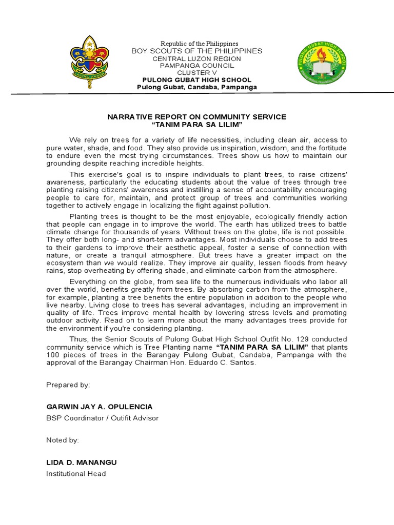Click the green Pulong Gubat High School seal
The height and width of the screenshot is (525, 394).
click(323, 64)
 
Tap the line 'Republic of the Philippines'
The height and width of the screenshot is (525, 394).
click(200, 44)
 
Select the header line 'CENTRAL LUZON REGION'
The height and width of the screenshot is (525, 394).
click(197, 58)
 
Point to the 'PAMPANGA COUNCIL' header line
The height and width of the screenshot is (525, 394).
click(197, 66)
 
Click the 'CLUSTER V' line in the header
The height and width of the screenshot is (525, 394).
click(197, 73)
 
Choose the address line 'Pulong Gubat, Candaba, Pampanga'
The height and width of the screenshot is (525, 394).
click(197, 87)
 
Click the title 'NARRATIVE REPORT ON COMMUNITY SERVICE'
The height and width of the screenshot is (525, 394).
click(197, 117)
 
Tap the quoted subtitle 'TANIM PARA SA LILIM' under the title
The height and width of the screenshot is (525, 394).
click(197, 125)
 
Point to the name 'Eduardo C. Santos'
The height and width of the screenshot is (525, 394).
click(223, 362)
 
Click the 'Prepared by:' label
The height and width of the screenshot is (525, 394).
click(68, 385)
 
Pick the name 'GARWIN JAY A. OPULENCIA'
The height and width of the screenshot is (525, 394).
click(100, 407)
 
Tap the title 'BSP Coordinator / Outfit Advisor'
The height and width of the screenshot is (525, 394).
click(103, 418)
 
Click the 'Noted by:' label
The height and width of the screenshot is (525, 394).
click(63, 440)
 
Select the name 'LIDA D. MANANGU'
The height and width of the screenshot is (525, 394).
click(82, 462)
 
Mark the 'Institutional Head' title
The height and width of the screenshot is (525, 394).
click(76, 474)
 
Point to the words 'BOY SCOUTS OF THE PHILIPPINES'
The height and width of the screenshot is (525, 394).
click(197, 51)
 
